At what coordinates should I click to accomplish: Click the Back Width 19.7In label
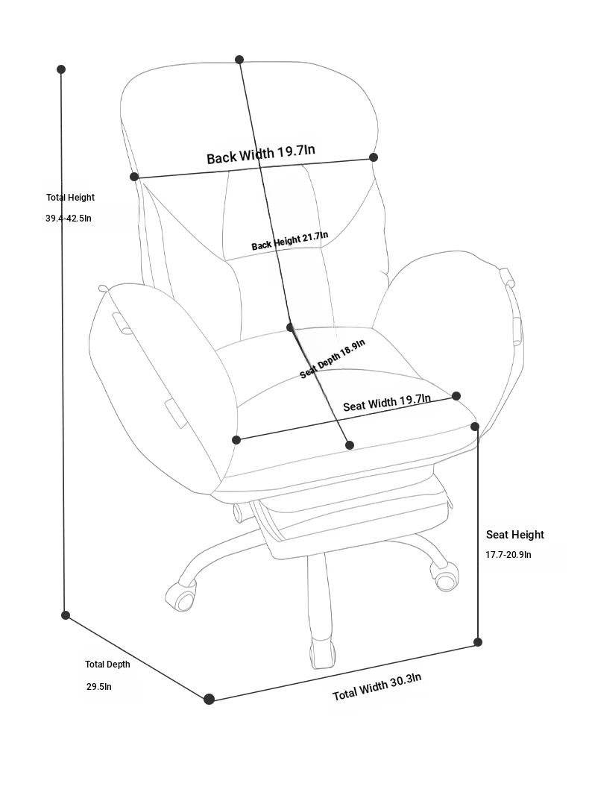tap(260, 154)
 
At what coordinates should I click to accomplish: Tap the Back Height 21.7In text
tap(289, 241)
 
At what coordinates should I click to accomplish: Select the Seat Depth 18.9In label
tap(332, 359)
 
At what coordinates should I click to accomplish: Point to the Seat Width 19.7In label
tap(387, 403)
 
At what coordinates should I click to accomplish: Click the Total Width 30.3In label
tap(377, 687)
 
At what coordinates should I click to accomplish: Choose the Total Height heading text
tap(71, 197)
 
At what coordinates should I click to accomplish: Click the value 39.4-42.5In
tap(69, 218)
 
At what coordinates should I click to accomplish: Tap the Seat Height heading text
tap(515, 535)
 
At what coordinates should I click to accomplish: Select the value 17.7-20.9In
tap(508, 554)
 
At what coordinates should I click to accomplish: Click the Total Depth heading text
tap(107, 664)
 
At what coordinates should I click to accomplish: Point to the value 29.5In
tap(98, 687)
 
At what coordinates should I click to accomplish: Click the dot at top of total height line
tap(61, 69)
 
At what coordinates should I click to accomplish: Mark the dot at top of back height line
tap(239, 60)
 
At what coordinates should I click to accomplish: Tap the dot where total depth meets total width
tap(209, 699)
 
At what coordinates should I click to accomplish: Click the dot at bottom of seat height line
tap(478, 642)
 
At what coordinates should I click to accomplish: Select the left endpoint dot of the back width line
tap(134, 177)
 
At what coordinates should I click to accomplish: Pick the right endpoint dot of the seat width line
tap(457, 396)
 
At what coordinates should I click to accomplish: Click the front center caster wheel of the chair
tap(323, 653)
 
